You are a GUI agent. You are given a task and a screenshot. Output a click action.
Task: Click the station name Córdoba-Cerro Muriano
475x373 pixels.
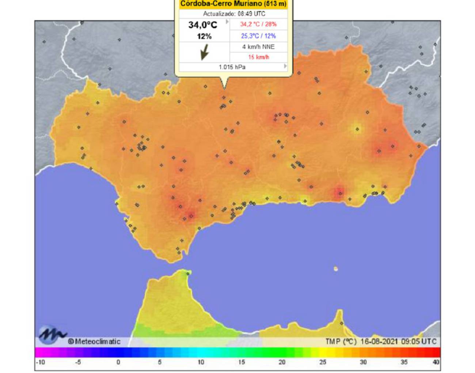point(233,4)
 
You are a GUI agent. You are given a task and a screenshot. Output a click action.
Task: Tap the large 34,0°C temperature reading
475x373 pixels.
point(203,25)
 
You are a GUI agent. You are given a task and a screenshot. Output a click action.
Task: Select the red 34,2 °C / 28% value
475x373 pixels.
point(258,24)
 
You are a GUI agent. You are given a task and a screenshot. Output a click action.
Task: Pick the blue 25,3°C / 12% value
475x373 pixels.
point(258,36)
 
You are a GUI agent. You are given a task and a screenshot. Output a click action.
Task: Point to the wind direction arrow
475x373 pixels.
point(204,52)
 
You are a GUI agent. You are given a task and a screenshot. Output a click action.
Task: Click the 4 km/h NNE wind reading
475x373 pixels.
point(258,47)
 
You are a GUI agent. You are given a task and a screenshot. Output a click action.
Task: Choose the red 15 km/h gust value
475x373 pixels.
point(258,57)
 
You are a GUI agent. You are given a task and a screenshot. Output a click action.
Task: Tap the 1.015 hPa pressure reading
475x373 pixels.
point(232,67)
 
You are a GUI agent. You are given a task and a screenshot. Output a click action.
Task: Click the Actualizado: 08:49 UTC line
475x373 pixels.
point(234,14)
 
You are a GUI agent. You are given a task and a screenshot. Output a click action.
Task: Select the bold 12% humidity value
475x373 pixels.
point(204,36)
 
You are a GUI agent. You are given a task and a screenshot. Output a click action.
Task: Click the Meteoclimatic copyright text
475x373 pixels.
point(94,342)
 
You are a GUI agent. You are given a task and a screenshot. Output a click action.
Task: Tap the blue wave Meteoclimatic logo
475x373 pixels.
point(52,334)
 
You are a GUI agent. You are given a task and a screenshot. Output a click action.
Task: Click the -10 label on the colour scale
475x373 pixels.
point(41,362)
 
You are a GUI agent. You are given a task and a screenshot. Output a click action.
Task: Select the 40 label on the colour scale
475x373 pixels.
point(436,362)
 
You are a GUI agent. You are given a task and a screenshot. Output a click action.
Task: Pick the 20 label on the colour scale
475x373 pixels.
point(282,362)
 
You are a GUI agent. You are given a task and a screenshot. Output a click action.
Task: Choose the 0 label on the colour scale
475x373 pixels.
point(118,362)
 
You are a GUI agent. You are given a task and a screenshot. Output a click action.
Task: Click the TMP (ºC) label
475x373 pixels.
point(341,342)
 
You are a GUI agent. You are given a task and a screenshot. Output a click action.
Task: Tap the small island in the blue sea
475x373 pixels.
point(336,269)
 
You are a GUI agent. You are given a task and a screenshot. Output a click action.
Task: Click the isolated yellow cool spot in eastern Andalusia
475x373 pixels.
point(357,129)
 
